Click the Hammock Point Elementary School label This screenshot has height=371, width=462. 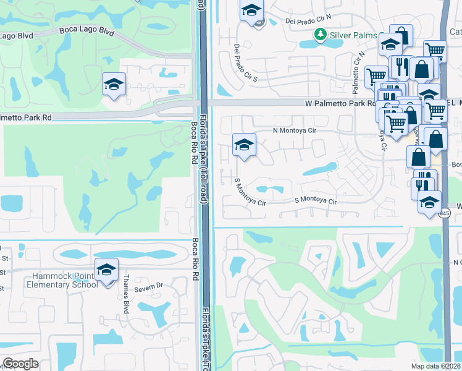point(62,280)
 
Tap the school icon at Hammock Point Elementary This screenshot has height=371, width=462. point(107,270)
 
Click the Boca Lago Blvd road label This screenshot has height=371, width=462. point(86,31)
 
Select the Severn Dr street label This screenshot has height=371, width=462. point(149,285)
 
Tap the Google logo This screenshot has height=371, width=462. point(20,364)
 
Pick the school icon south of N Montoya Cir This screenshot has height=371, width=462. point(245,145)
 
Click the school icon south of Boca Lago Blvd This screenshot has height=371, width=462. point(114,84)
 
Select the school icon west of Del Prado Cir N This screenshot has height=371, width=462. point(251,11)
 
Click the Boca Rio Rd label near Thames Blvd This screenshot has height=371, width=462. point(195,254)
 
